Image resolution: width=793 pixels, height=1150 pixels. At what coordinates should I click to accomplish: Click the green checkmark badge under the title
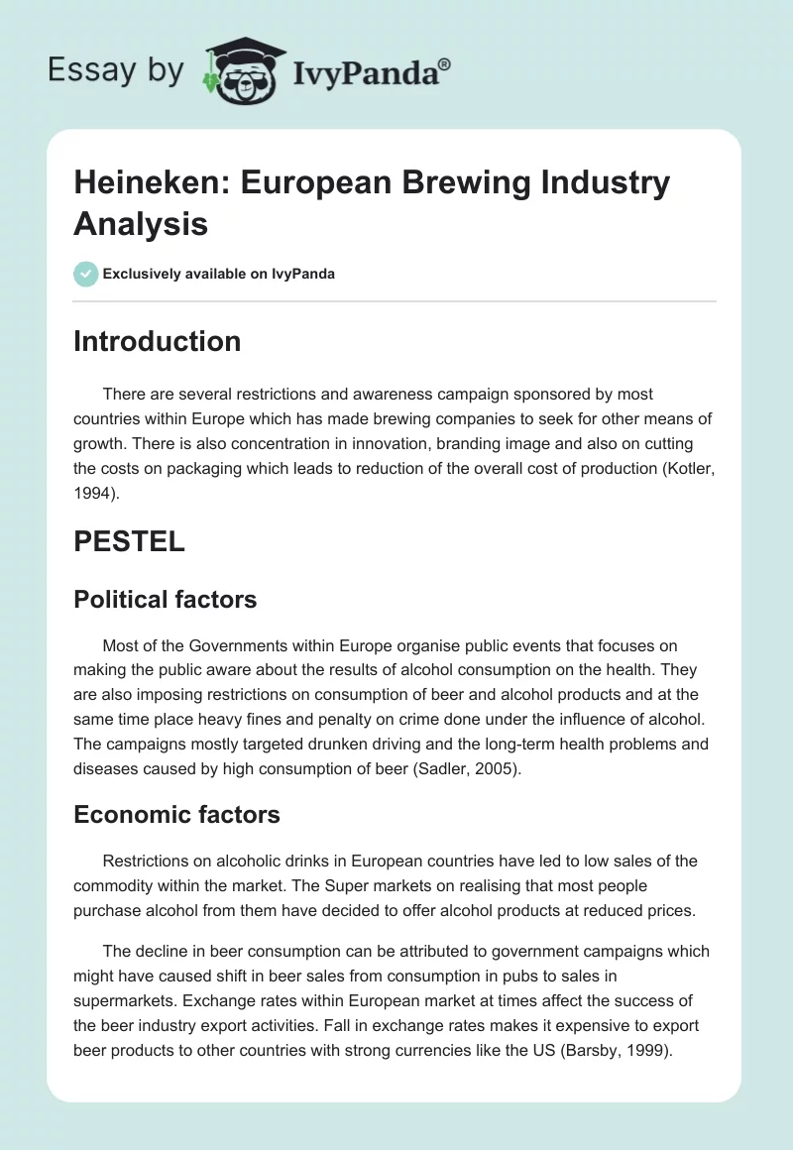coord(86,274)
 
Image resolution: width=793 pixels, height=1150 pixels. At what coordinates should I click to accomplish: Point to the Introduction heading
coord(158,341)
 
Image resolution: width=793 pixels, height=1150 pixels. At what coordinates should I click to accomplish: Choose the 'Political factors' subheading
coord(166,599)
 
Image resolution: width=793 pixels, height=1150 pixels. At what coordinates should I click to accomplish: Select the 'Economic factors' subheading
coord(177,815)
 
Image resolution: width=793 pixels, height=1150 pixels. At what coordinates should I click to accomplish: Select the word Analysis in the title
coord(141,223)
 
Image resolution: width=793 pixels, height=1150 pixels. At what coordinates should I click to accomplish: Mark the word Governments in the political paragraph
coord(214,646)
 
